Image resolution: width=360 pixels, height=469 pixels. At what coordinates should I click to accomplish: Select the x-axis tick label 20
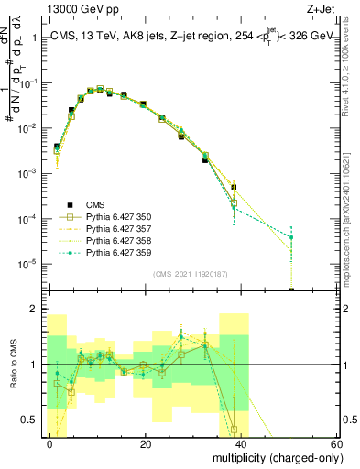pyautogui.click(x=146, y=444)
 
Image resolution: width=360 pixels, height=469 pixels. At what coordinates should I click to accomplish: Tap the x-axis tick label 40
pyautogui.click(x=241, y=444)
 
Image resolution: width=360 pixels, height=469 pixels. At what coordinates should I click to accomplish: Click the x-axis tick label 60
pyautogui.click(x=335, y=444)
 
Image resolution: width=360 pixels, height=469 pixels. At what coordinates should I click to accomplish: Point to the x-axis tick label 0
pyautogui.click(x=50, y=444)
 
